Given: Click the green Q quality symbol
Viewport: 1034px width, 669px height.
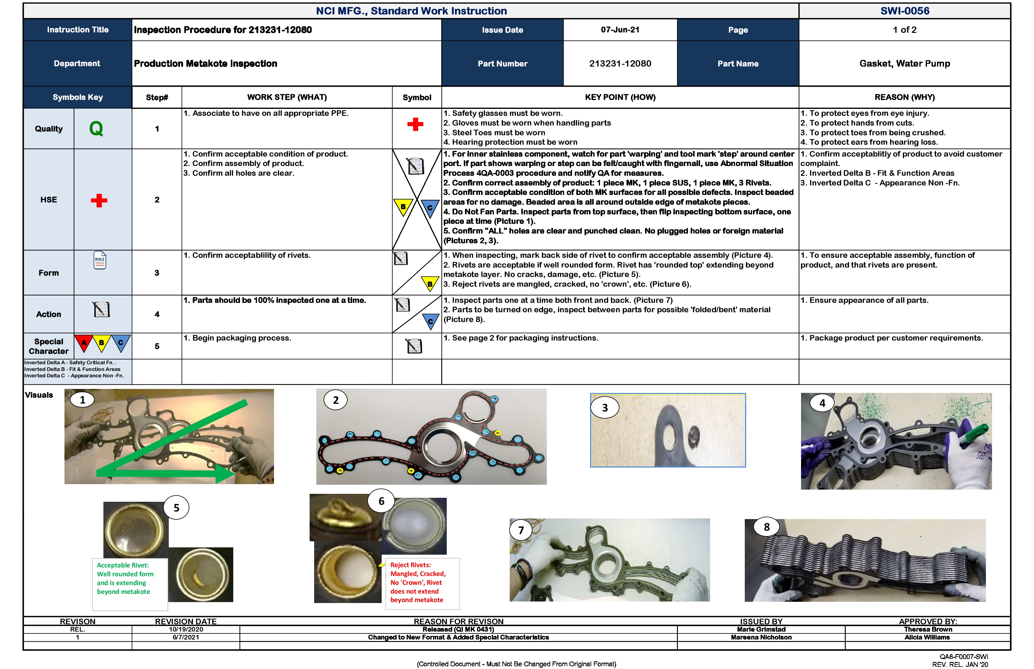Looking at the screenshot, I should click(x=96, y=129).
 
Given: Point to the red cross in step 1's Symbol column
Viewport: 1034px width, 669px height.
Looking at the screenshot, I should click(x=415, y=124).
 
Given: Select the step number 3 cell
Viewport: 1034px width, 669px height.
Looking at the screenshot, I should click(x=157, y=273).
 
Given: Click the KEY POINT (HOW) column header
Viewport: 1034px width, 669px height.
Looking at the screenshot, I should click(x=620, y=97).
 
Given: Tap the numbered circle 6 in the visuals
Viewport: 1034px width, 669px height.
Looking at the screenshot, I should click(x=381, y=501).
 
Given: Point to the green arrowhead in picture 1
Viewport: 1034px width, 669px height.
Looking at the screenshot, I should click(x=226, y=474).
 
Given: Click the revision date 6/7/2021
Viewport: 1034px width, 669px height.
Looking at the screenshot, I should click(x=186, y=637).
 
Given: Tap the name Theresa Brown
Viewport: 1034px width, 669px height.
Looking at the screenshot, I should click(x=928, y=629).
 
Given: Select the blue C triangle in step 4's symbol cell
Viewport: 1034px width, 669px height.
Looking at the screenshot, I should click(x=430, y=321).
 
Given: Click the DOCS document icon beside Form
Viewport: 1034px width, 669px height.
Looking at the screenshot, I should click(x=100, y=261).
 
